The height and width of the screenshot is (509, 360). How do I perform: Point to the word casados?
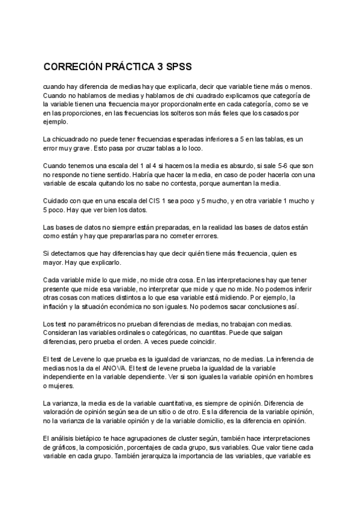275,112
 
